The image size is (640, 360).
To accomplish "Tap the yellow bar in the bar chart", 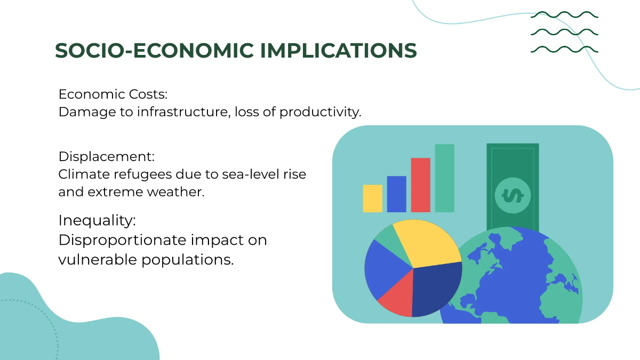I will pos(372,198).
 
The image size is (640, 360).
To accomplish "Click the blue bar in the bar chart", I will pos(396,194).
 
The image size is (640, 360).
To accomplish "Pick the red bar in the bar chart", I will pos(420,185).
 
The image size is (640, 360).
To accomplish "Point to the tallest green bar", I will pos(444,178).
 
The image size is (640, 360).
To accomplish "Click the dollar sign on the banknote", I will pos(513,196).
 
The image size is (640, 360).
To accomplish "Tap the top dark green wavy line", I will pos(564,15).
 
